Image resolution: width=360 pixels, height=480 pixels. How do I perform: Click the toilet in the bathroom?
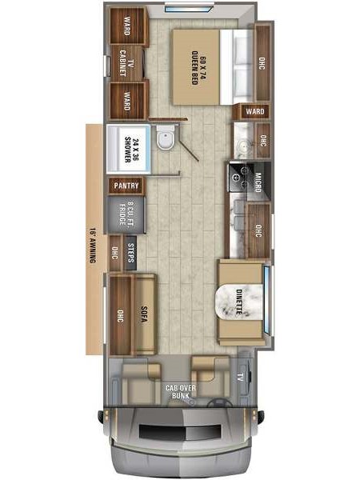click(x=166, y=138)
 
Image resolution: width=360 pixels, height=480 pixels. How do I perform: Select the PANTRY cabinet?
click(x=126, y=186)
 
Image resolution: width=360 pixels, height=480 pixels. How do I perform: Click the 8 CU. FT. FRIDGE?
click(x=126, y=214)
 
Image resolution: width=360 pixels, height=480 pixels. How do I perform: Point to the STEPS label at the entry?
click(x=130, y=253)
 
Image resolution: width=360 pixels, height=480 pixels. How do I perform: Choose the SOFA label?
click(x=144, y=314)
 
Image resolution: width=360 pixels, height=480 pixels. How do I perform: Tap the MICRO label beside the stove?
click(x=258, y=182)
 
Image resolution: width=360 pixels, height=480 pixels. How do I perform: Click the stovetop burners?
click(x=241, y=178)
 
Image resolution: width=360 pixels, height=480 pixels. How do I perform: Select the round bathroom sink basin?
click(x=244, y=146)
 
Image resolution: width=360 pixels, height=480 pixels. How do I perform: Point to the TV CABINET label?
click(x=126, y=63)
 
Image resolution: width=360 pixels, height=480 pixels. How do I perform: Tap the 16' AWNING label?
click(x=93, y=245)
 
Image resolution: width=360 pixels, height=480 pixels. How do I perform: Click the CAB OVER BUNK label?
click(x=180, y=391)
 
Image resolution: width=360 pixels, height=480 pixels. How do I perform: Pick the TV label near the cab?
click(x=241, y=378)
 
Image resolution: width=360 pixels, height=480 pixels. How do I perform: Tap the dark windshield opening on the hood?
click(x=180, y=432)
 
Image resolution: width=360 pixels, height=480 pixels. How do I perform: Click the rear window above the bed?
click(x=189, y=8)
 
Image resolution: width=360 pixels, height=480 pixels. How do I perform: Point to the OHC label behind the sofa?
click(x=121, y=316)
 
